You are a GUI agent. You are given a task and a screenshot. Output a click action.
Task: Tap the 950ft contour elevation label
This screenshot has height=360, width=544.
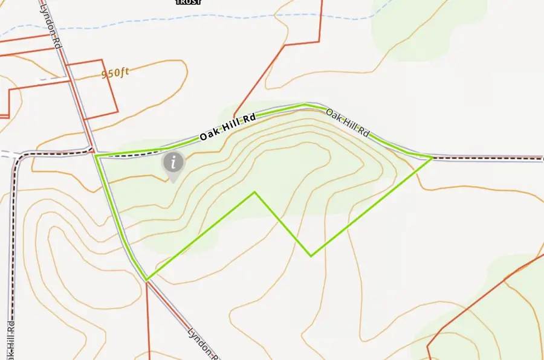pos(115,73)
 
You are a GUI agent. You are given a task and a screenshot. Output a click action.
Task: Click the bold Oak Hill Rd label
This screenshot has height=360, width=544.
pos(228,127)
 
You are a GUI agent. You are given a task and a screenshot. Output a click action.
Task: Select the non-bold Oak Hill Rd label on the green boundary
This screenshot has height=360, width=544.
pos(348,122)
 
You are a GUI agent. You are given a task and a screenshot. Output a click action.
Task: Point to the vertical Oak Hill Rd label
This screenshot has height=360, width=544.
pos(11,335)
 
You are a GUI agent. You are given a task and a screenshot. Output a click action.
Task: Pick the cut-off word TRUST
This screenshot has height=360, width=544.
pos(188,2)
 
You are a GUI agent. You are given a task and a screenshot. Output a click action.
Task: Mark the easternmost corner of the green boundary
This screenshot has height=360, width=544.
pos(432,158)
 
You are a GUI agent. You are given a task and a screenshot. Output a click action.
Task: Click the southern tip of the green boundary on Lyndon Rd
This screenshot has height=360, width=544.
pos(146,280)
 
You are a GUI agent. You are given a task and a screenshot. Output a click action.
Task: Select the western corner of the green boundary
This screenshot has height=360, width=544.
pos(96,156)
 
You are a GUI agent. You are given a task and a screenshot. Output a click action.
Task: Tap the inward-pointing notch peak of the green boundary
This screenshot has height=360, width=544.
pos(254,192)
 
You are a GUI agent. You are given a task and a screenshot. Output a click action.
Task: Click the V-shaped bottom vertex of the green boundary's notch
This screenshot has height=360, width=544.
pos(311,256)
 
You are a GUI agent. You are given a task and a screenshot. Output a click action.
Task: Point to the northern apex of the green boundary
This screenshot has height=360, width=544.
pos(305,104)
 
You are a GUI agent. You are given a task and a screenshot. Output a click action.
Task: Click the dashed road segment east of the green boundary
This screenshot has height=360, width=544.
pos(490,159)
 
